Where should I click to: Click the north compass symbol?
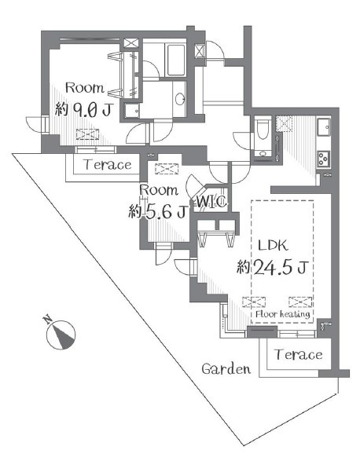pyautogui.click(x=61, y=335)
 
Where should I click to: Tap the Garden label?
pyautogui.click(x=226, y=368)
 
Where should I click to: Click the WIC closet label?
pyautogui.click(x=211, y=202)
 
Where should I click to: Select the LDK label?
pyautogui.click(x=273, y=245)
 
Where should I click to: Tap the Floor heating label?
pyautogui.click(x=283, y=314)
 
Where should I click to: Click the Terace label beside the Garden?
pyautogui.click(x=298, y=354)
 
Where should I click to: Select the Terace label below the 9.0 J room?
pyautogui.click(x=108, y=164)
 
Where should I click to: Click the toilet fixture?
pyautogui.click(x=263, y=129)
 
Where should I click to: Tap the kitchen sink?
pyautogui.click(x=324, y=126)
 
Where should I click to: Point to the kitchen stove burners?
pyautogui.click(x=323, y=159)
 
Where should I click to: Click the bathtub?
pyautogui.click(x=176, y=60)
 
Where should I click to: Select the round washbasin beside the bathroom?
pyautogui.click(x=179, y=99)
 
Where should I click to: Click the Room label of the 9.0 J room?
pyautogui.click(x=85, y=88)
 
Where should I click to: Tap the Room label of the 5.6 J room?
pyautogui.click(x=159, y=190)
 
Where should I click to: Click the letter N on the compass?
pyautogui.click(x=47, y=320)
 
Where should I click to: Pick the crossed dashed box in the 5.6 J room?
pyautogui.click(x=167, y=169)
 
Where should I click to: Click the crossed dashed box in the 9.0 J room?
pyautogui.click(x=88, y=134)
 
